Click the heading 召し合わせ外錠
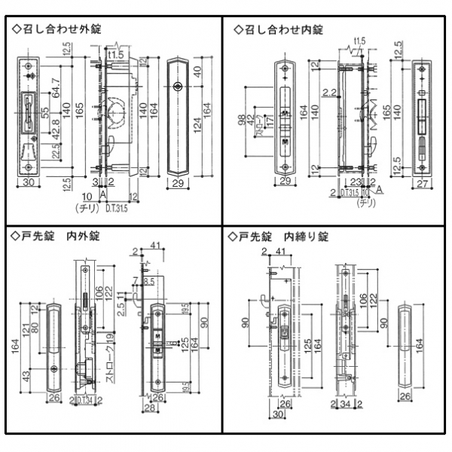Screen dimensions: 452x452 tap(60, 29)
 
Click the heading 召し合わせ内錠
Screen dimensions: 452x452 tap(283, 29)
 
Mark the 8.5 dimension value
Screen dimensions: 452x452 tap(148, 281)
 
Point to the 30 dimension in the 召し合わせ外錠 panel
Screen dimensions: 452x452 tap(29, 182)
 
